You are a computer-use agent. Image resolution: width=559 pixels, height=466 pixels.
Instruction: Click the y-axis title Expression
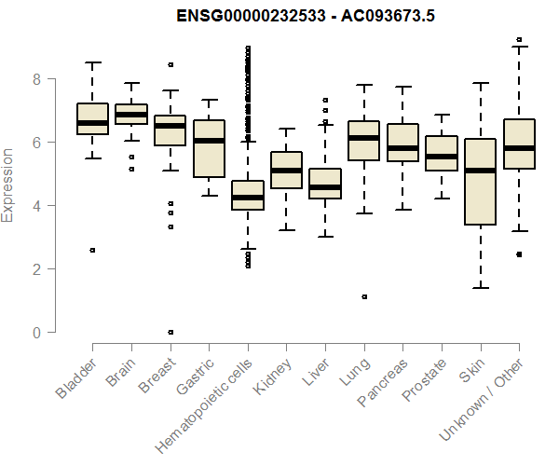point(8,184)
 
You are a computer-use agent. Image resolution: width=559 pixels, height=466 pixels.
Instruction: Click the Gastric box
point(209,148)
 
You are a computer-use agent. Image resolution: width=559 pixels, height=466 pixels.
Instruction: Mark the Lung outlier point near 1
point(364,296)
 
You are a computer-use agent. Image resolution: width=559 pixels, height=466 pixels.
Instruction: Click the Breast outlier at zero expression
point(170,332)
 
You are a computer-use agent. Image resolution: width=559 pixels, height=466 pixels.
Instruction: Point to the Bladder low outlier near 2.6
point(93,250)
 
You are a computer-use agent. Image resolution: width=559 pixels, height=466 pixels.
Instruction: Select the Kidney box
point(286,170)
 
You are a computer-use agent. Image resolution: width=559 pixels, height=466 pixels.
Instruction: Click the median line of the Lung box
point(363,138)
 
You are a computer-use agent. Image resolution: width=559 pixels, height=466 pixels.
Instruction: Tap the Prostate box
point(441,154)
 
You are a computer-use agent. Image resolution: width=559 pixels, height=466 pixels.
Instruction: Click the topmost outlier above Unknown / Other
point(518,40)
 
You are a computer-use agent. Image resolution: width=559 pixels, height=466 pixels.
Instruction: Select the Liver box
point(325,184)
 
